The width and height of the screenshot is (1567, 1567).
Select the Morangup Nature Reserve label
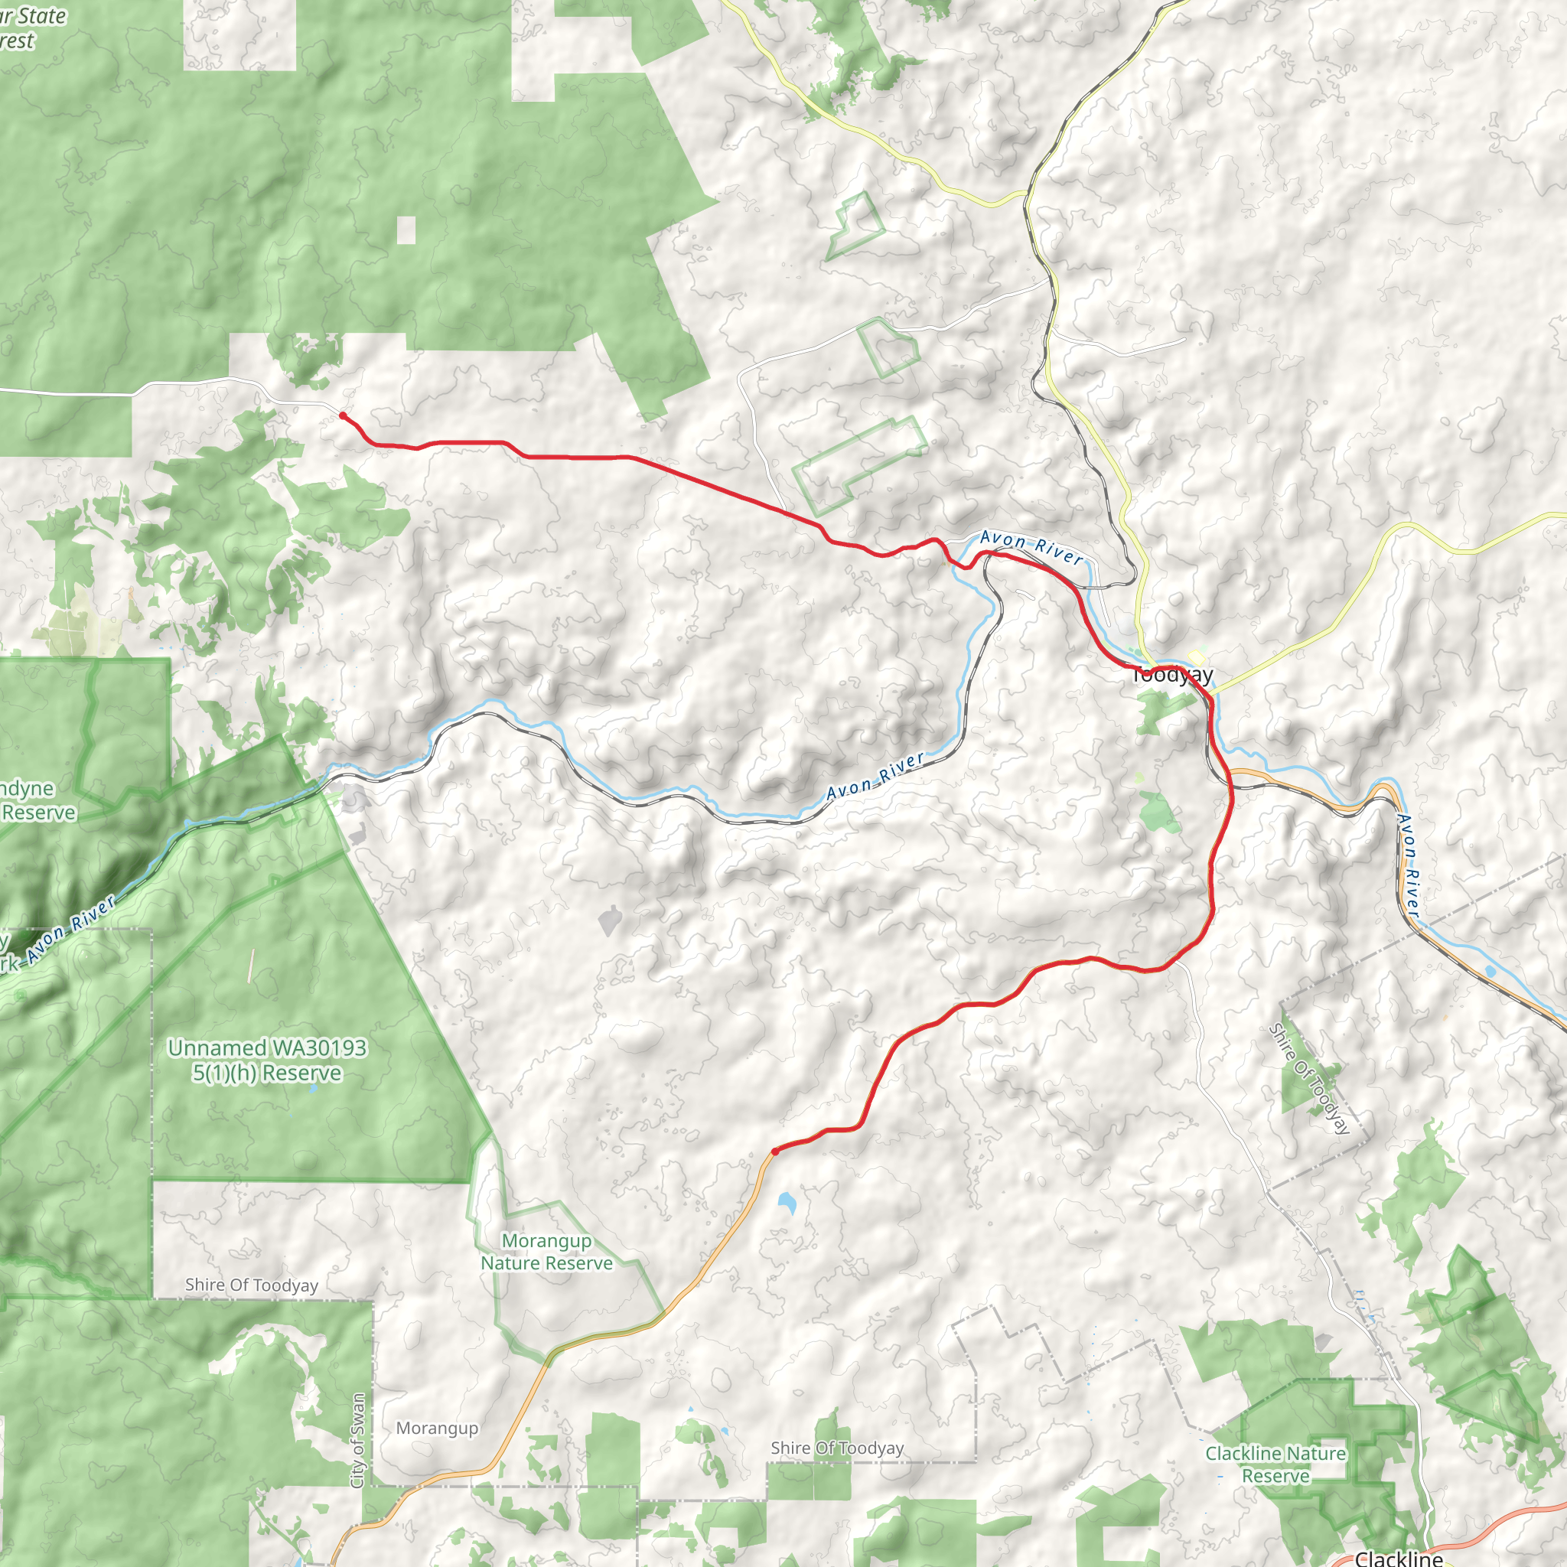coord(546,1252)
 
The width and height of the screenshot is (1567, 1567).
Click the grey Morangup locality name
coord(437,1429)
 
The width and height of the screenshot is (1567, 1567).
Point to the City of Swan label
coord(357,1441)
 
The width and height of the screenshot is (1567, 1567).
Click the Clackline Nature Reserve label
coord(1275,1464)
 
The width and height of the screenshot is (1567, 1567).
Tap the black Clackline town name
coord(1399,1557)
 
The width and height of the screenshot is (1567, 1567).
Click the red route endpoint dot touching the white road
coord(342,416)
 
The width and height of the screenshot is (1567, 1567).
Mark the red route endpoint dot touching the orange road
coord(775,1151)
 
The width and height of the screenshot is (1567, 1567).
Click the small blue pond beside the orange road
coord(786,1202)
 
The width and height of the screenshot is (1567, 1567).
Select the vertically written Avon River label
coord(1409,866)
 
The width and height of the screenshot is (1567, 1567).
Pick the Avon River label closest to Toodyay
coord(1031,548)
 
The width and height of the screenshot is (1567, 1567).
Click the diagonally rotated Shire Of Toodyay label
coord(1309,1079)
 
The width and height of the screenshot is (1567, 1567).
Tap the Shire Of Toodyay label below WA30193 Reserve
coord(252,1285)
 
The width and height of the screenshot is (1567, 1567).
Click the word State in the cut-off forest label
coord(41,16)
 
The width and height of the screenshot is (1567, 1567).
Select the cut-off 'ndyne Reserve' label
coord(37,800)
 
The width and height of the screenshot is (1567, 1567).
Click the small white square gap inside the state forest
coord(406,230)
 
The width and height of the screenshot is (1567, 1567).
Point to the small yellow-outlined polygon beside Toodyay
coord(1196,656)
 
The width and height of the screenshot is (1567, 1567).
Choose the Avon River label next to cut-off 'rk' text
coord(70,931)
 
